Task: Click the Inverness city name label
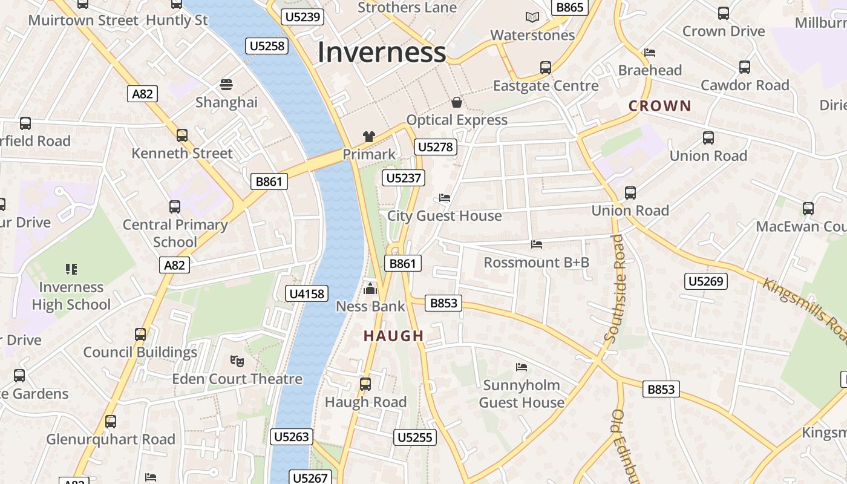point(382,52)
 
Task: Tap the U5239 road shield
point(302,17)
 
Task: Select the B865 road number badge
point(569,7)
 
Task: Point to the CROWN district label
point(659,106)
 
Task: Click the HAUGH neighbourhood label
point(394,336)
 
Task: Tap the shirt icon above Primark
point(368,137)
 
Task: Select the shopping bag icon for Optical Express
point(457,102)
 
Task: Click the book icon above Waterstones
point(532,18)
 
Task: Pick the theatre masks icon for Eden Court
point(237,361)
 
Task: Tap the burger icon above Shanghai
point(226,85)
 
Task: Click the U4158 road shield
point(307,294)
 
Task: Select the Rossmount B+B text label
point(536,263)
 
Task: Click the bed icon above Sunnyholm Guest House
point(522,367)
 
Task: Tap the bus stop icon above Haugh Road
point(365,384)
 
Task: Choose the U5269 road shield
point(706,281)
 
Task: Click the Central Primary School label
point(175,233)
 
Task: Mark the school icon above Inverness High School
point(71,269)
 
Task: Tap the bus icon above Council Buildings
point(140,335)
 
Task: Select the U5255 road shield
point(415,437)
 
